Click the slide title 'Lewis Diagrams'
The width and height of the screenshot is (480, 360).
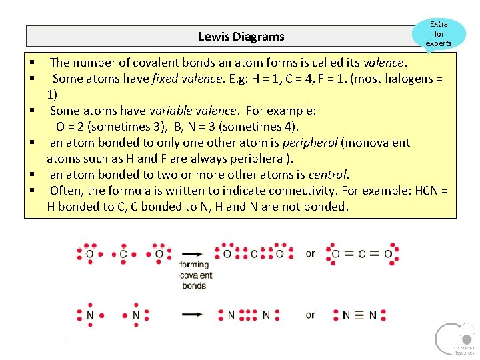click(241, 37)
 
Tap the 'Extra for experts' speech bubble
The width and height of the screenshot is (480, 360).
click(439, 34)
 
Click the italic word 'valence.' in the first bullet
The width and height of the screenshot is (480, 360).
click(384, 63)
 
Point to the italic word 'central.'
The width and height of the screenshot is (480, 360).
click(329, 175)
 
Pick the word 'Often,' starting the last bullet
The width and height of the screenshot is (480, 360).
click(67, 191)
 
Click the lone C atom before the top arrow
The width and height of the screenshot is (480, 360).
click(123, 254)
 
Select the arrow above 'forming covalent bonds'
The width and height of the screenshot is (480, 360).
click(192, 254)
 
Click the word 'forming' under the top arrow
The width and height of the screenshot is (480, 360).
click(194, 265)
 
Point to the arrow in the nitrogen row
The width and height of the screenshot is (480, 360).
click(192, 315)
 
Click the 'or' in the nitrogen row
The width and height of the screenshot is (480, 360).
click(310, 315)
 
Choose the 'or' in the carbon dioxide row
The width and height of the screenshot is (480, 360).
click(310, 253)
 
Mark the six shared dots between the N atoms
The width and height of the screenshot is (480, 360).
click(249, 315)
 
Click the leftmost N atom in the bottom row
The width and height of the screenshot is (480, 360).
click(90, 315)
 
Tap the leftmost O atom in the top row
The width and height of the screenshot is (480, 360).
click(90, 254)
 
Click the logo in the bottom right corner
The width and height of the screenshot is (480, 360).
click(454, 338)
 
